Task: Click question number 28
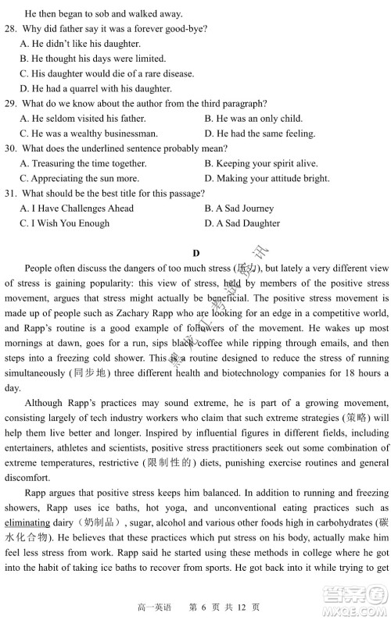tap(11, 29)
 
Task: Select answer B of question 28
tap(93, 59)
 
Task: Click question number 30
tap(11, 148)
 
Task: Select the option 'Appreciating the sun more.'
tap(83, 178)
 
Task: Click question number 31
tap(11, 194)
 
